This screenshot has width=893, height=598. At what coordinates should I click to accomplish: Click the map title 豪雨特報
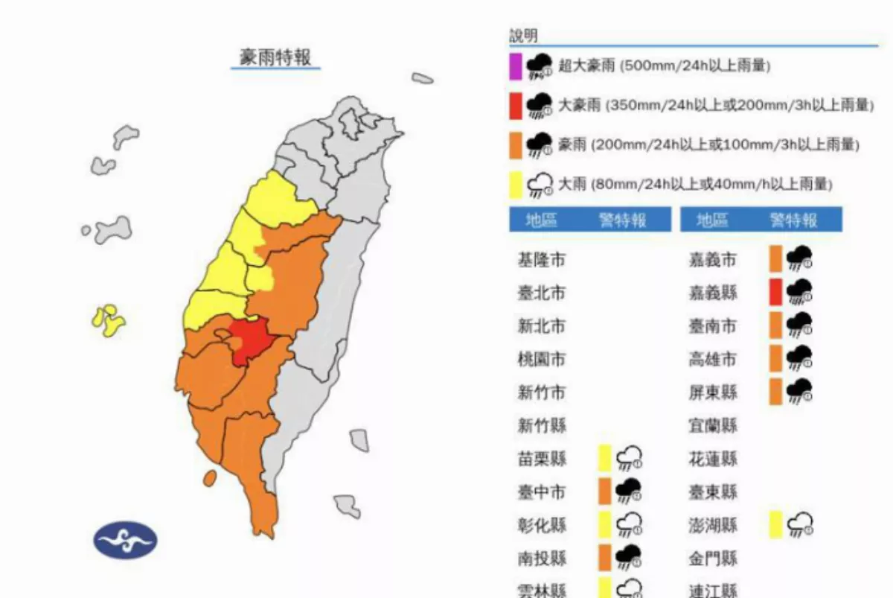pos(275,57)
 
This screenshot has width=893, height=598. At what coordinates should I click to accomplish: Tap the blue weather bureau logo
pos(125,540)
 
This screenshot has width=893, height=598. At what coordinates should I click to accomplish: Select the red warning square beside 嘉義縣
pos(775,292)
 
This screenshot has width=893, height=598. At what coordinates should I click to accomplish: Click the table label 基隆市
pos(541,260)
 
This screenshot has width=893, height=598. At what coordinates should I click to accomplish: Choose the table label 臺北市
pos(541,293)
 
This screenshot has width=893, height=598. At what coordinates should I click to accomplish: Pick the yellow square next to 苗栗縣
pos(605,458)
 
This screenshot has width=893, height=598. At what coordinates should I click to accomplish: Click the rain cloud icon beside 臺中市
pos(629,491)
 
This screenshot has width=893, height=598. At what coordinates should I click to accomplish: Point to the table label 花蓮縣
pos(712,459)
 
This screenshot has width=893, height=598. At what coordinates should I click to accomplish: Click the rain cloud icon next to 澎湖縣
pos(800,524)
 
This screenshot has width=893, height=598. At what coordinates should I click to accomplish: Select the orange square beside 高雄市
pos(775,358)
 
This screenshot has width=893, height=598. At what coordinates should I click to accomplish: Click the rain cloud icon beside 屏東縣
pos(800,391)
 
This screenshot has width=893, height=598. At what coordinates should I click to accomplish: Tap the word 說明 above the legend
pos(523,36)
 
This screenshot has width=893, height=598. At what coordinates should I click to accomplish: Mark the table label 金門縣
pos(712,558)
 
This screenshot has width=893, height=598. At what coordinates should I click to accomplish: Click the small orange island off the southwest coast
pos(210,477)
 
